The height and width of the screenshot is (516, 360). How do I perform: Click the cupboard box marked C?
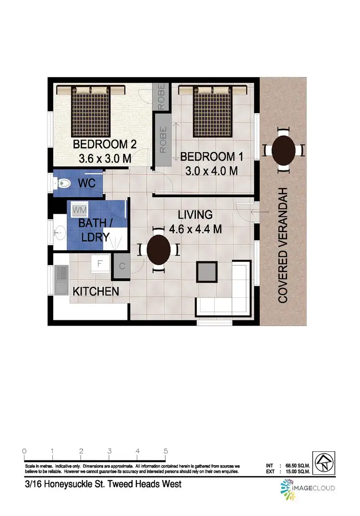tap(122, 266)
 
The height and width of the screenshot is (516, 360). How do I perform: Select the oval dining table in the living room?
tap(158, 249)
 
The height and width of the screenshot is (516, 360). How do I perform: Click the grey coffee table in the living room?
tap(207, 272)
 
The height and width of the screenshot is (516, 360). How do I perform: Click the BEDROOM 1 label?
tap(212, 156)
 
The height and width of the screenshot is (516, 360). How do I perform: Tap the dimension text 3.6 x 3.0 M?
tap(105, 159)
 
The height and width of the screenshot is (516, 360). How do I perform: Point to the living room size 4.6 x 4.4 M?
tap(195, 229)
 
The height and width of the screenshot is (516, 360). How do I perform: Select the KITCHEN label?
tap(96, 291)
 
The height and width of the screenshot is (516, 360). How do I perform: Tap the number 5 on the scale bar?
tap(166, 451)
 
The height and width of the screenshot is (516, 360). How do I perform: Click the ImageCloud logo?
tap(307, 488)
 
